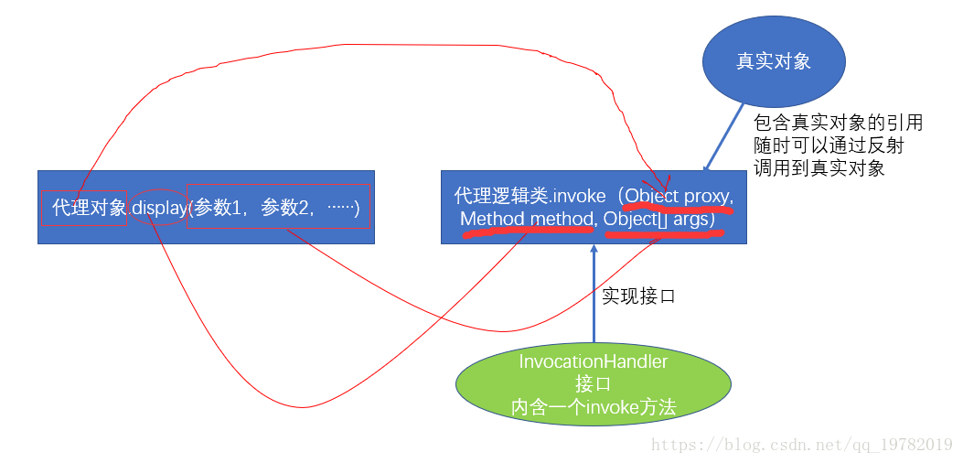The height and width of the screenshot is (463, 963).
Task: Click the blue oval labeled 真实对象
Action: click(774, 62)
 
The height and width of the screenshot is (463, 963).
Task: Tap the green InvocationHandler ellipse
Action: click(594, 384)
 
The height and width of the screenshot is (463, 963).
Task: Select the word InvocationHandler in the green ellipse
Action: click(594, 361)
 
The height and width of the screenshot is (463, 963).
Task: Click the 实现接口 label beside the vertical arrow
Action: click(638, 296)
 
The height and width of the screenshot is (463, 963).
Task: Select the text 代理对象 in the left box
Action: click(90, 208)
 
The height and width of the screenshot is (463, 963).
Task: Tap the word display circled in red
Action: click(159, 208)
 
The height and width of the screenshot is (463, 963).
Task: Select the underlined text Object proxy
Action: click(679, 197)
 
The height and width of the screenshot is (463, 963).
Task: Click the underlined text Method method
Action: click(526, 220)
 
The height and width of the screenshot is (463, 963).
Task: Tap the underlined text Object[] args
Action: click(659, 220)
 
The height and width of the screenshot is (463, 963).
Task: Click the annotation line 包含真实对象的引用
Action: click(838, 123)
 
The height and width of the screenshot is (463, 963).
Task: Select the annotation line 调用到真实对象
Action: click(819, 168)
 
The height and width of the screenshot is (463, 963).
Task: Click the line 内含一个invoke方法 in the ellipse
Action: click(594, 408)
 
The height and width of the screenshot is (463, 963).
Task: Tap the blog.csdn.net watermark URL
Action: click(801, 445)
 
